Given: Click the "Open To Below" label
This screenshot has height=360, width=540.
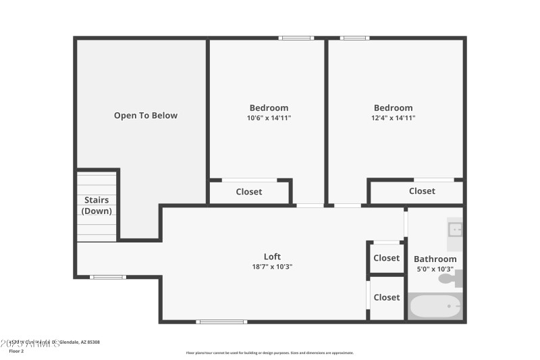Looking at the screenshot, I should point(145,115).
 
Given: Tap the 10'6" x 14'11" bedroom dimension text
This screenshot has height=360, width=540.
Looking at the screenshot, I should point(269,118).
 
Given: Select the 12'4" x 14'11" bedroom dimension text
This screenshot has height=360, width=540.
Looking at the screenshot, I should point(393,118).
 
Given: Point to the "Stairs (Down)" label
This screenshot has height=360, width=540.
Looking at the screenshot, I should point(97,205).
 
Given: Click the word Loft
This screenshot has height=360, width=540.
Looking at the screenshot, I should point(272,257).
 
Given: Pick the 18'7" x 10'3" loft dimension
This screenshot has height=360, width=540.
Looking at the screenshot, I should point(272,267).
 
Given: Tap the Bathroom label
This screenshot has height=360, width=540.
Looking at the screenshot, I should point(435,259).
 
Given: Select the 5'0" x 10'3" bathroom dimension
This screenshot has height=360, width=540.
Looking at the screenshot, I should point(435,269).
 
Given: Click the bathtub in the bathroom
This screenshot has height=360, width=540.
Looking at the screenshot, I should point(435,307).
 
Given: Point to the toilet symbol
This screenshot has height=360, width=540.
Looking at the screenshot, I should point(452,278).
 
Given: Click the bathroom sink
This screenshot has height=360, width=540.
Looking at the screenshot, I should point(455,230).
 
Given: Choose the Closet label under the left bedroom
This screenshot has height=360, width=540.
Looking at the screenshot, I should point(248,192).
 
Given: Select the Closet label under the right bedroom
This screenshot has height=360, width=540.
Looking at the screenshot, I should point(422,191).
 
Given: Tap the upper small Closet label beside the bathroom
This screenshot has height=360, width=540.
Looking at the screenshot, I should point(386,258).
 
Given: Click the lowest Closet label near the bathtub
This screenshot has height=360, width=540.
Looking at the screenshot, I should point(386,297).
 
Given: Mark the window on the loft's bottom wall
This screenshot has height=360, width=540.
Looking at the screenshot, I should point(221,322).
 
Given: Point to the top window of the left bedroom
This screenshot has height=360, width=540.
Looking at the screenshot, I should point(297,38).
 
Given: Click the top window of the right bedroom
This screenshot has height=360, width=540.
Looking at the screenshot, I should point(354,38).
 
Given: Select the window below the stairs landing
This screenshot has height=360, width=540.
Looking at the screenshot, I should point(108,277).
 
